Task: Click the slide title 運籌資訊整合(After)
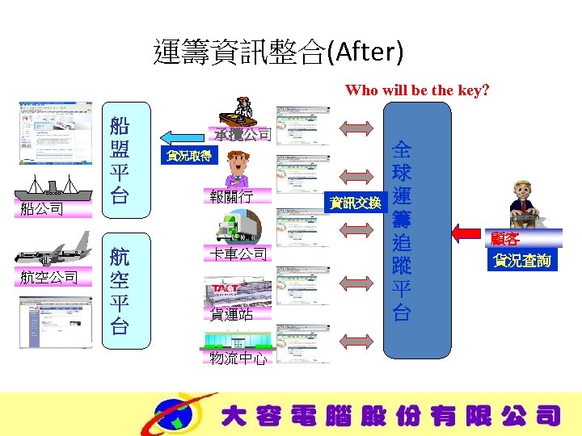click(278, 52)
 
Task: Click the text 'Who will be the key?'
click(416, 90)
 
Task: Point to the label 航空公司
click(49, 278)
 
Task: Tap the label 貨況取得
click(188, 156)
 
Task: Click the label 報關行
click(232, 196)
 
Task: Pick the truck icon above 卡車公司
click(238, 227)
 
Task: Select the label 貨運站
click(232, 315)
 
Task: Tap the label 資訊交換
click(356, 202)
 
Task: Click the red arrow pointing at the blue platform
click(466, 233)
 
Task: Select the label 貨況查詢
click(522, 260)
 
